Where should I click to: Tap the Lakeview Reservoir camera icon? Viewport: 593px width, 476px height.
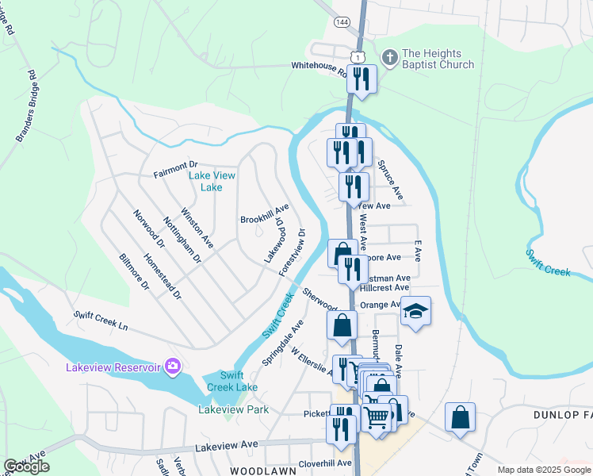click(174, 367)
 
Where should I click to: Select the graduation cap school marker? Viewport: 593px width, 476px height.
click(415, 311)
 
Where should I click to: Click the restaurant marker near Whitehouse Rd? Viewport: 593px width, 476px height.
click(362, 79)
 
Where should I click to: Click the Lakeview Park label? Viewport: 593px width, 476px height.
click(233, 409)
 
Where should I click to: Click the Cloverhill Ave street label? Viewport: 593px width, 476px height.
click(325, 463)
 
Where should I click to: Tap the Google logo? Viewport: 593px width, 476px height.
click(27, 466)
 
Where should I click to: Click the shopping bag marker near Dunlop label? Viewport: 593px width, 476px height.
click(460, 417)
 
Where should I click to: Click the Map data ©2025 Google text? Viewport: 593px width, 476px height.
click(543, 470)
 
